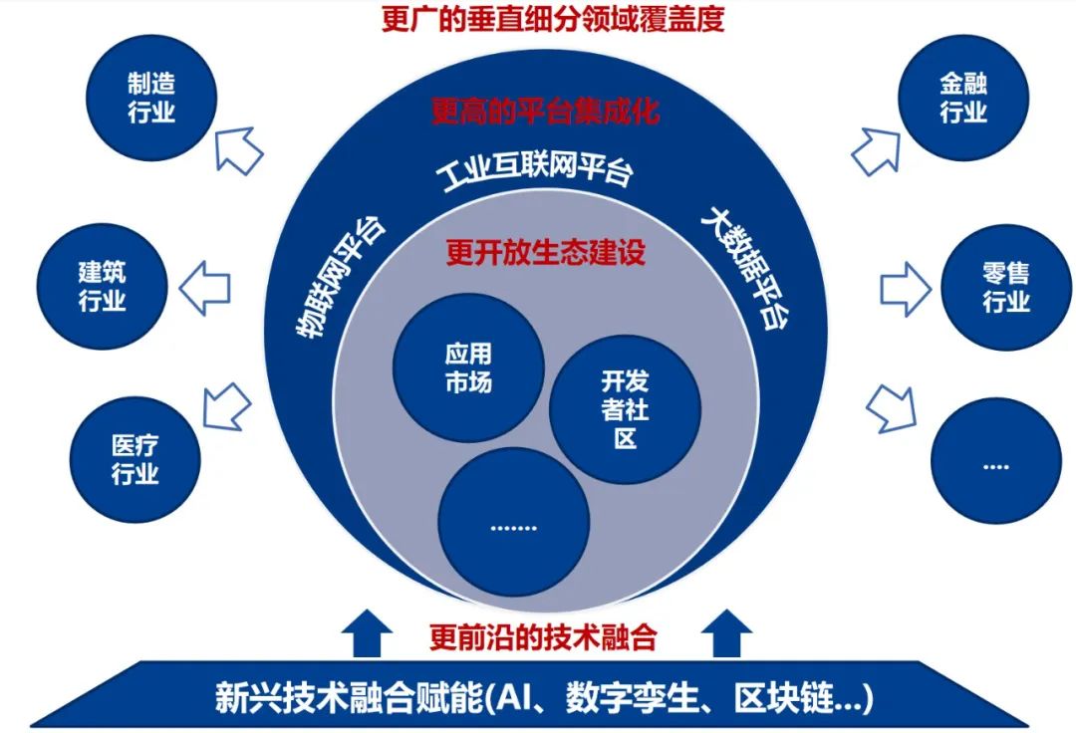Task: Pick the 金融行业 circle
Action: point(963,97)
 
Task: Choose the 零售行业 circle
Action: point(1006,287)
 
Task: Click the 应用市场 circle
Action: point(468,367)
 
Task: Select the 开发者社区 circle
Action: point(625,408)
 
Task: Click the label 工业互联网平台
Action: point(535,171)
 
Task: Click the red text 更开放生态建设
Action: point(545,251)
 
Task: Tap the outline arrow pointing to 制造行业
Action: point(238,149)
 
